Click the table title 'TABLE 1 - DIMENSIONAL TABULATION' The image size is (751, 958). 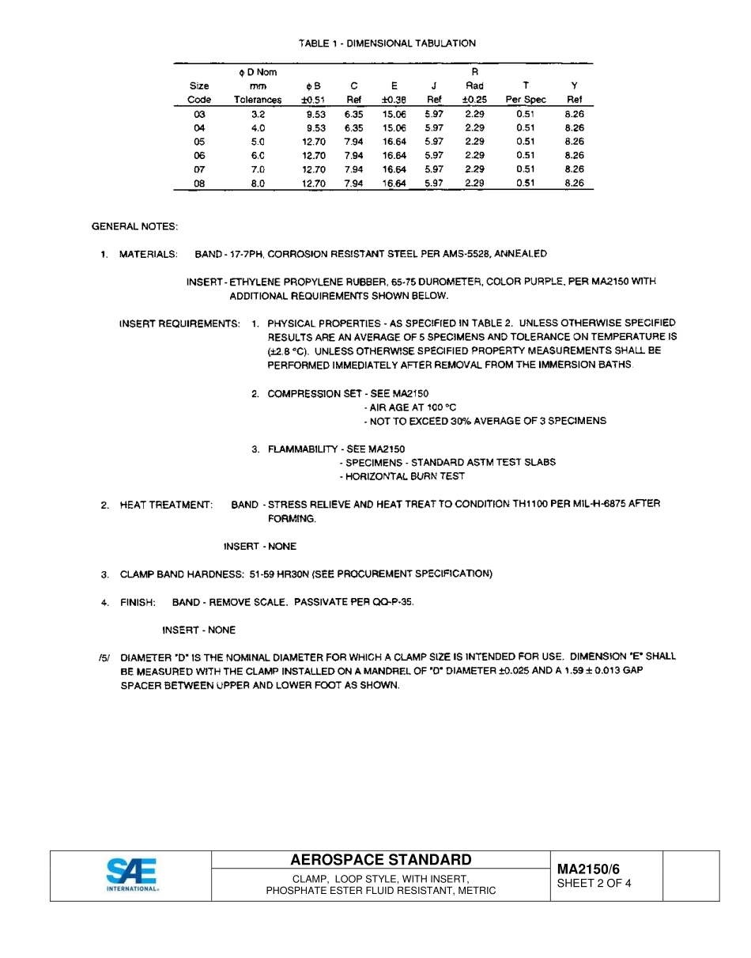coord(387,44)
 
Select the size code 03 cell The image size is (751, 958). coord(199,115)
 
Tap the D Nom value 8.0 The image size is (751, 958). coord(258,184)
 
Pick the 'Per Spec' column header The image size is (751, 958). coord(526,100)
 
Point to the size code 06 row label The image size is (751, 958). coord(199,156)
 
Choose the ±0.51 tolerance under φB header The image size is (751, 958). coord(313,100)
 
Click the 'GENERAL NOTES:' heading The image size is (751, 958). coord(135,227)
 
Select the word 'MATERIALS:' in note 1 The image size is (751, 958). coord(149,255)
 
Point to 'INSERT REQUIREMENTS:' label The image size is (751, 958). coord(179,324)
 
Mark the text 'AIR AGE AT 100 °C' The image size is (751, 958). coord(410,407)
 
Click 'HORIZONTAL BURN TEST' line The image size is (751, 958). coord(402,476)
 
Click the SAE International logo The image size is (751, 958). coord(131,875)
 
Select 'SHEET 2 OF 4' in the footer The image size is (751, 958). coord(594,884)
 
